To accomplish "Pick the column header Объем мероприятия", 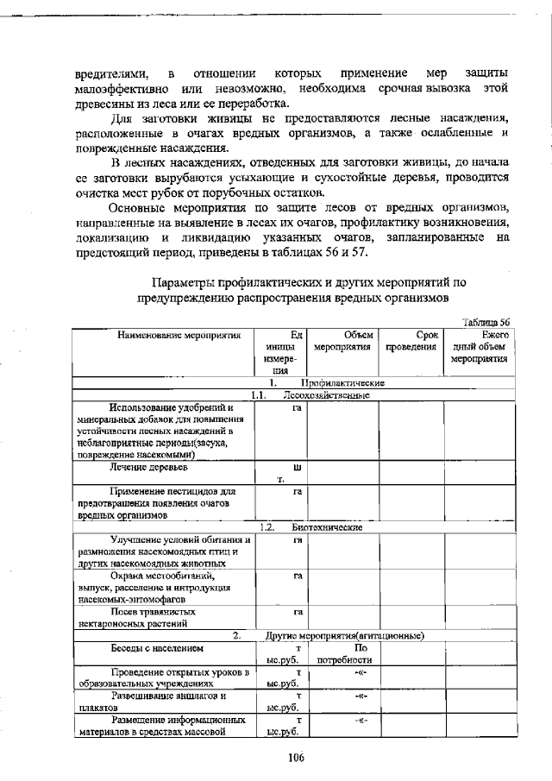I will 342,340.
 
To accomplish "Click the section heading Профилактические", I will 342,382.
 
